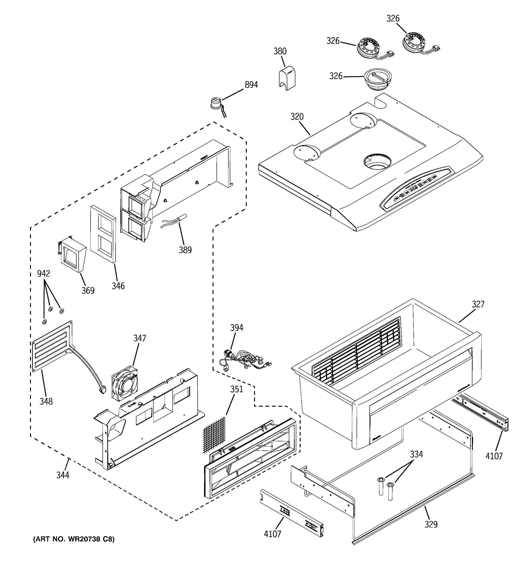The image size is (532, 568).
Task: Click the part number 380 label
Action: click(280, 51)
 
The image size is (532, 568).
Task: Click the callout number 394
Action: click(237, 328)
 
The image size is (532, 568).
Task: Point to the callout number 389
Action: click(185, 250)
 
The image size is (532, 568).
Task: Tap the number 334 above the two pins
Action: click(416, 454)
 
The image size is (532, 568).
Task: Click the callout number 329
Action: click(431, 524)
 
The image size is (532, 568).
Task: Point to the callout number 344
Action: click(63, 475)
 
